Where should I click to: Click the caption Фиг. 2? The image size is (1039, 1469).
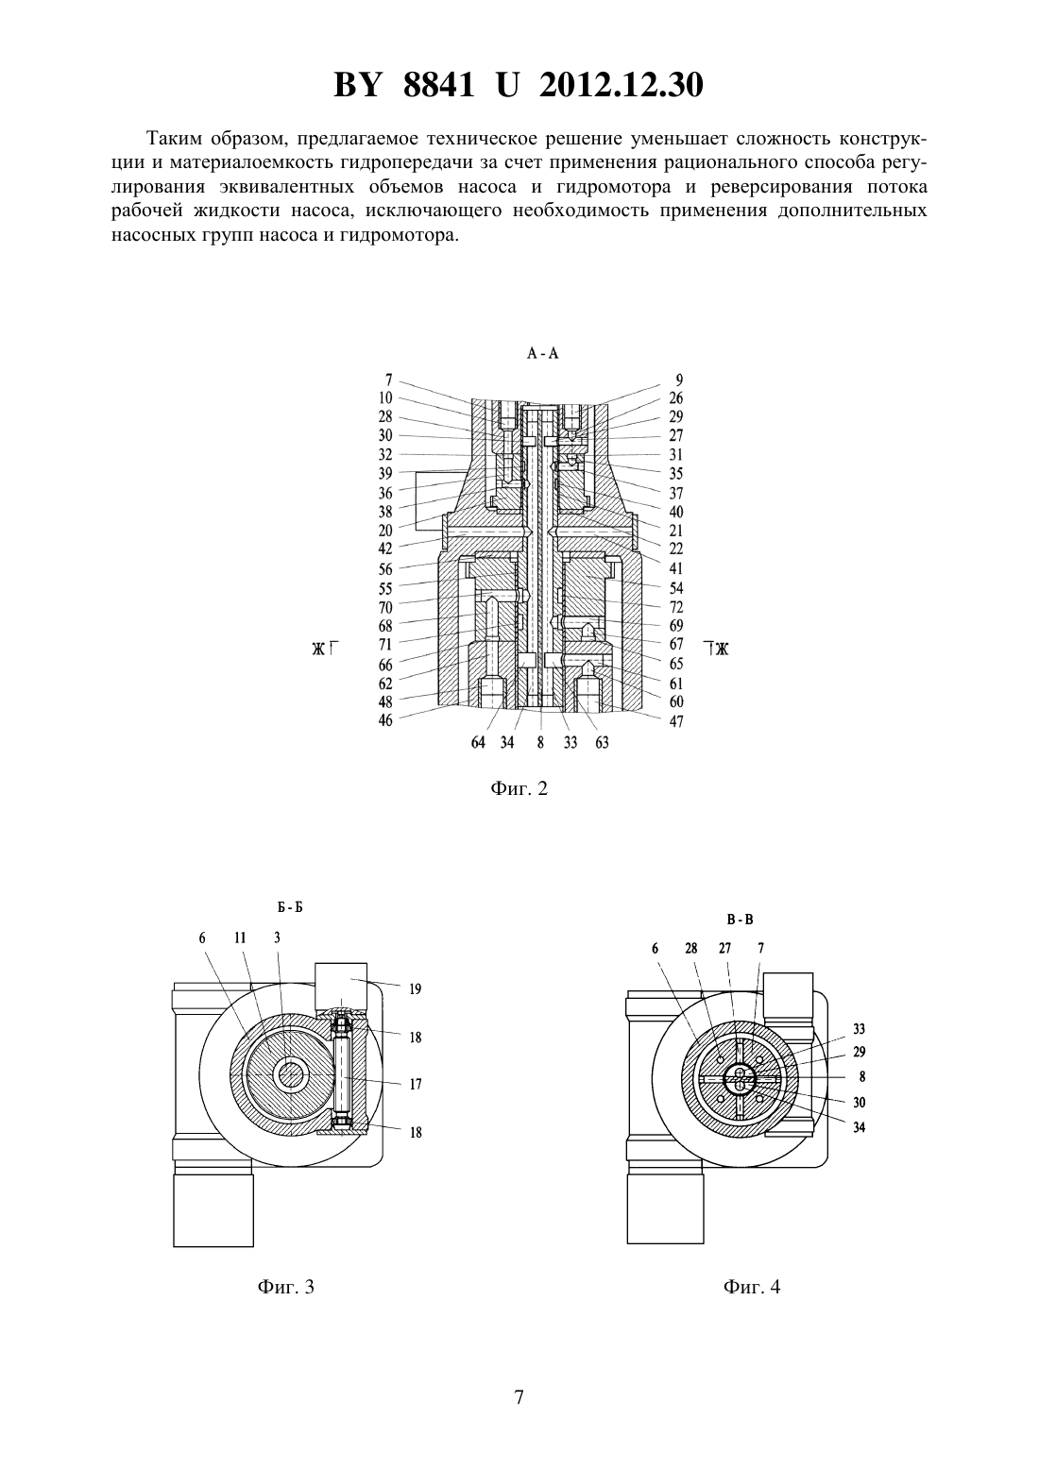pyautogui.click(x=519, y=787)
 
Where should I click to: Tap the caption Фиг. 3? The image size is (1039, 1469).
pyautogui.click(x=285, y=1286)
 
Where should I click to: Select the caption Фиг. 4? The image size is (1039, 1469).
pyautogui.click(x=752, y=1286)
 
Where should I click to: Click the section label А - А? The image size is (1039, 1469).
pyautogui.click(x=542, y=353)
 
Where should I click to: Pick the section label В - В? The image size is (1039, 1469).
pyautogui.click(x=740, y=920)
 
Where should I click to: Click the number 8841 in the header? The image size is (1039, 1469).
pyautogui.click(x=439, y=85)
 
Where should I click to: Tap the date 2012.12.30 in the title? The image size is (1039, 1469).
pyautogui.click(x=622, y=85)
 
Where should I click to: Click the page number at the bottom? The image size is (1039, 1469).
pyautogui.click(x=519, y=1397)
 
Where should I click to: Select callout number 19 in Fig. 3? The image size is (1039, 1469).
pyautogui.click(x=416, y=989)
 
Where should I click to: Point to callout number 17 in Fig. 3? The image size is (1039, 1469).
pyautogui.click(x=416, y=1084)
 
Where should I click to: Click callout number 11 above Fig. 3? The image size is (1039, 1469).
pyautogui.click(x=240, y=937)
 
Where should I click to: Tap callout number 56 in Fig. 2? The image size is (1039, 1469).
pyautogui.click(x=385, y=569)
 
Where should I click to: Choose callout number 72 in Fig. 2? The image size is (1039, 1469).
pyautogui.click(x=675, y=607)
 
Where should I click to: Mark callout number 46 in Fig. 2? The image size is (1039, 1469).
pyautogui.click(x=385, y=720)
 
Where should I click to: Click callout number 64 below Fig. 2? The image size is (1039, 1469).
pyautogui.click(x=478, y=742)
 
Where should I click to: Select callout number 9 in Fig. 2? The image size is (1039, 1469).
pyautogui.click(x=679, y=380)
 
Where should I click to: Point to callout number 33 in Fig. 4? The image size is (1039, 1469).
pyautogui.click(x=860, y=1029)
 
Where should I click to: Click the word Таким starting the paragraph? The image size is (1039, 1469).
pyautogui.click(x=173, y=139)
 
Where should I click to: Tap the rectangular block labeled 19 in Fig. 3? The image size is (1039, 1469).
pyautogui.click(x=341, y=985)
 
